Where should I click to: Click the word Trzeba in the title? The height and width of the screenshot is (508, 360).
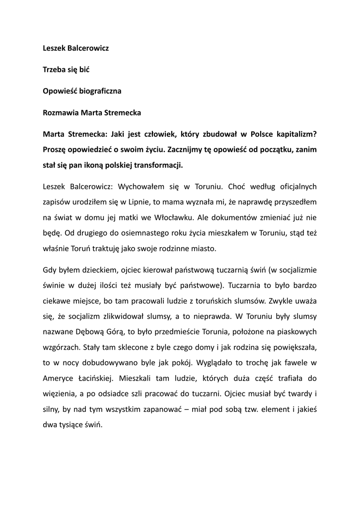click(54, 70)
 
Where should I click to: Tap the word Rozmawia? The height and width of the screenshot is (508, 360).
click(59, 113)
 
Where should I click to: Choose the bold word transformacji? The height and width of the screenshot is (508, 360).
click(157, 165)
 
